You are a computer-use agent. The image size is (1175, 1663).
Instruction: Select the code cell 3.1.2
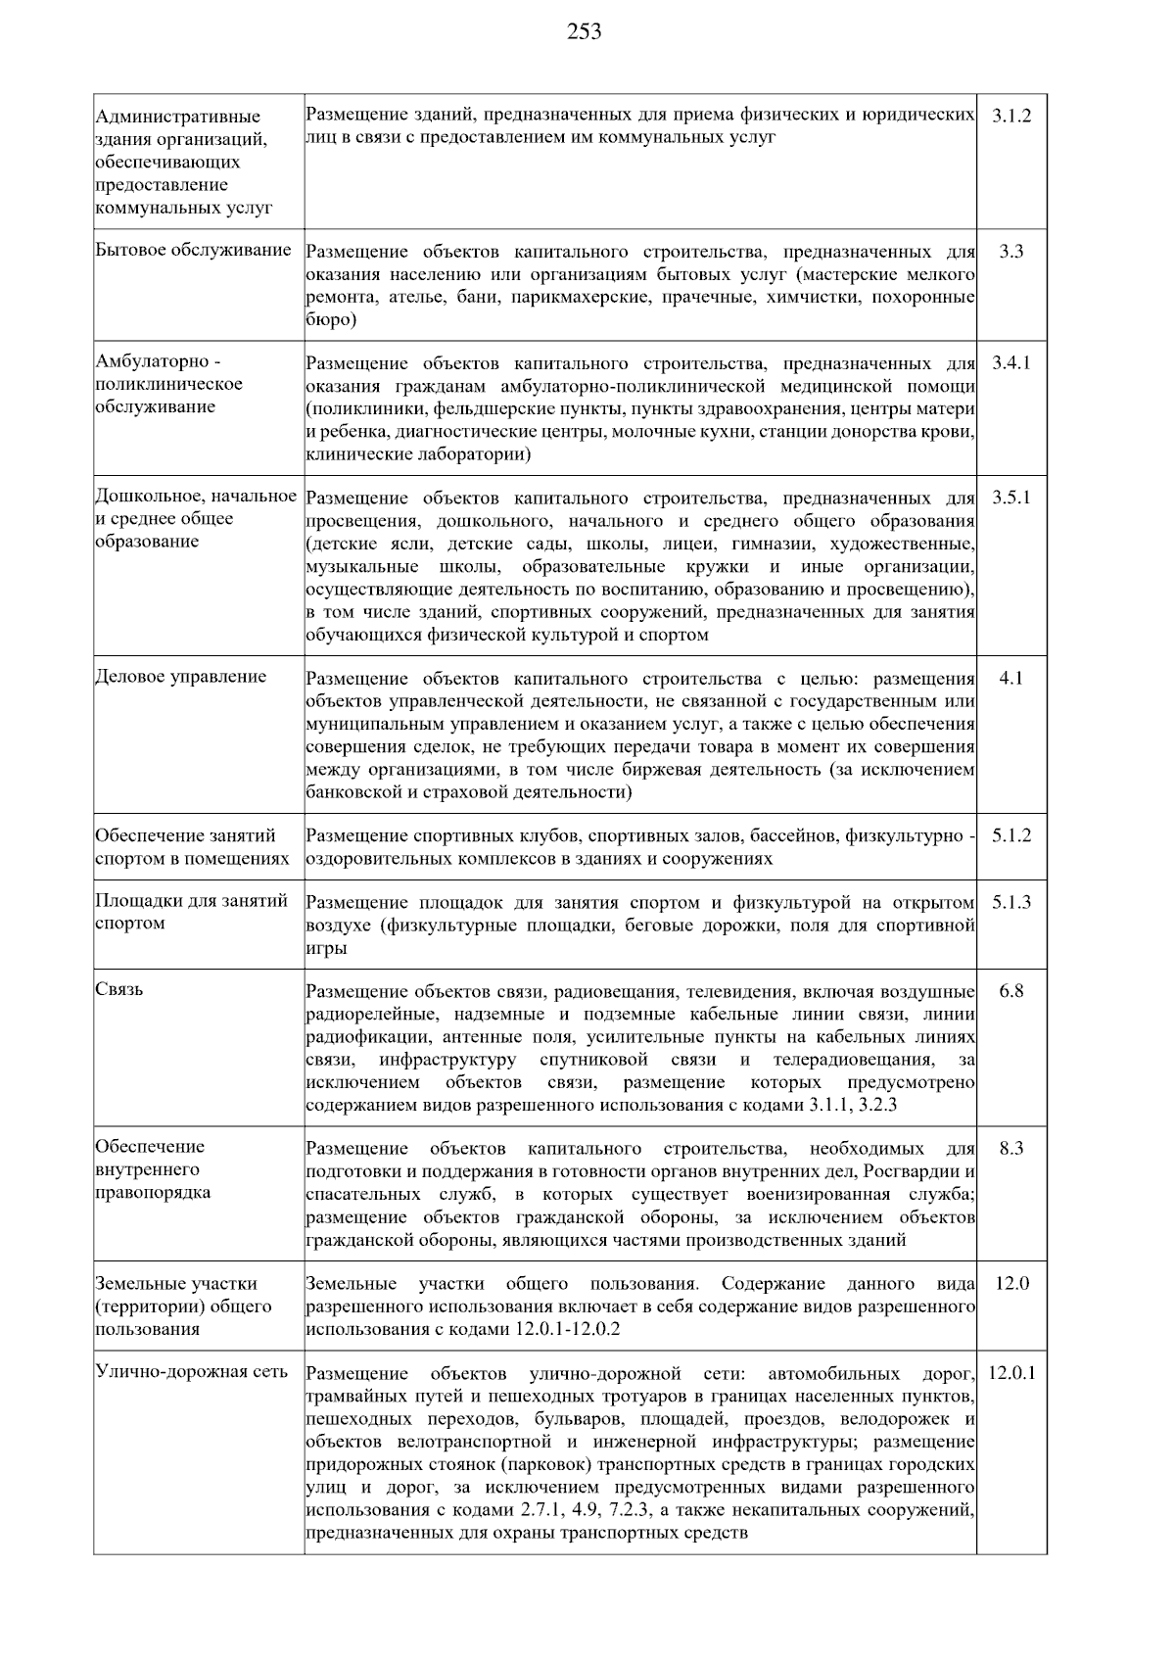click(x=1010, y=116)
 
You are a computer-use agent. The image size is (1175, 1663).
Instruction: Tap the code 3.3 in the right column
click(x=1010, y=251)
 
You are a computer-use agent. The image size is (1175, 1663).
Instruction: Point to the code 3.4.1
click(x=1010, y=362)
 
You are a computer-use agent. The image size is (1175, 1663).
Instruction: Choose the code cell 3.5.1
click(x=1010, y=498)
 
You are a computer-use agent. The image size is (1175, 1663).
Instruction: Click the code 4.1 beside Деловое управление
click(x=1010, y=678)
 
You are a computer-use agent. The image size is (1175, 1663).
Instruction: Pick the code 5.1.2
click(x=1010, y=835)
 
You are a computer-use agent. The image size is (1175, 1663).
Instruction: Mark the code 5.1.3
click(x=1010, y=902)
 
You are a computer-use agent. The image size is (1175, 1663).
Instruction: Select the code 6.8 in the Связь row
click(x=1010, y=991)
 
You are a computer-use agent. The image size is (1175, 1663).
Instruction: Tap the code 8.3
click(x=1010, y=1148)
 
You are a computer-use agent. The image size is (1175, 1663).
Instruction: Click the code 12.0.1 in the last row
click(x=1010, y=1373)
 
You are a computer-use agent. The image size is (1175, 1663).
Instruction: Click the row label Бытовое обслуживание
click(x=193, y=251)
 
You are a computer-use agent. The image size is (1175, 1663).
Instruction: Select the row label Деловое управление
click(x=181, y=677)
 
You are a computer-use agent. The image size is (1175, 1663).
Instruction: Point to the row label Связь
click(x=119, y=990)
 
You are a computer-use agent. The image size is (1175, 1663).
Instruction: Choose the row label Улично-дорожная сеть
click(x=192, y=1371)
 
